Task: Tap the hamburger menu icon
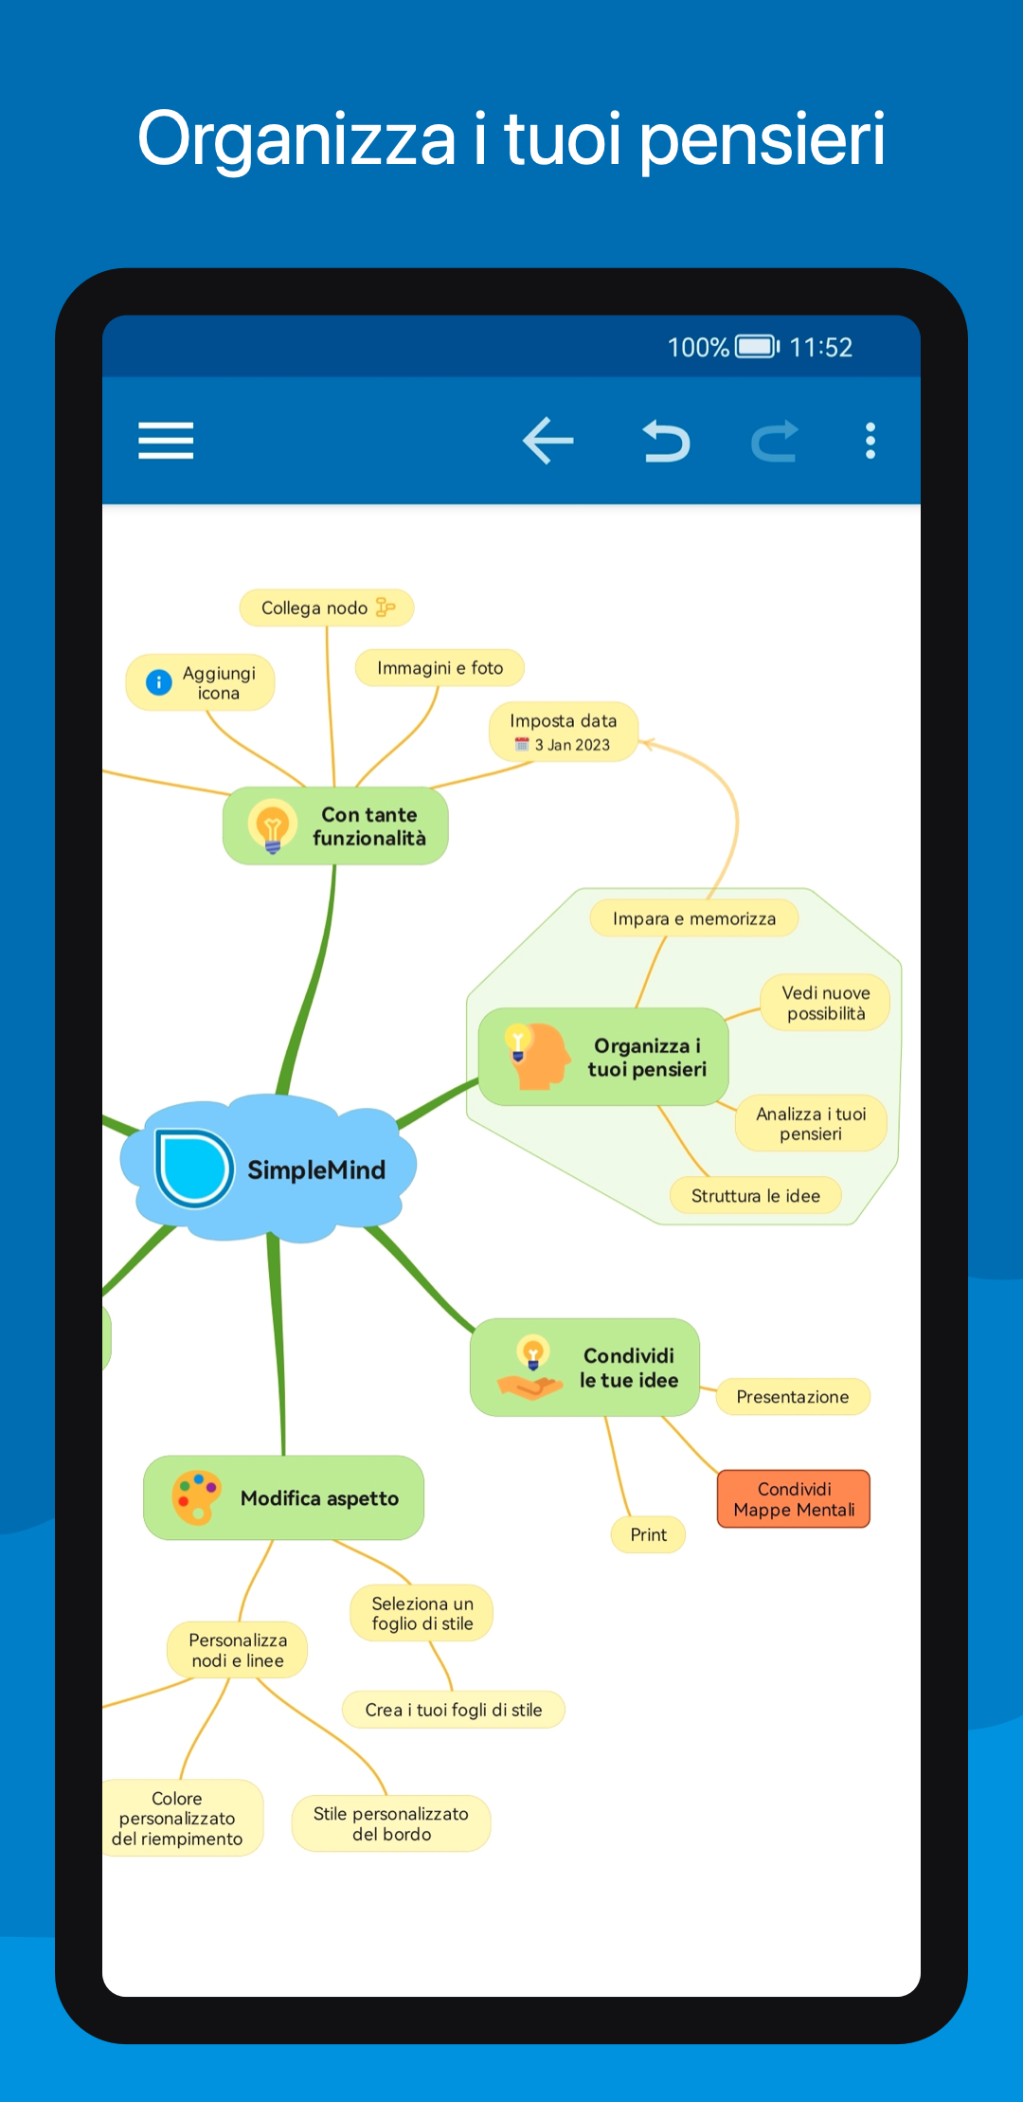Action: (166, 441)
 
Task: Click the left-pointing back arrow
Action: (548, 441)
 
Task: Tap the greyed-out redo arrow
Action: (775, 441)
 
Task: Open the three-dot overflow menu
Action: (870, 441)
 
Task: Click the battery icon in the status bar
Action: (758, 347)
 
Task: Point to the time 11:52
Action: (821, 348)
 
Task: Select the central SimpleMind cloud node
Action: (269, 1168)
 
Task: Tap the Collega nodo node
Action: (327, 607)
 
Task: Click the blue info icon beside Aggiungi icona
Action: (159, 681)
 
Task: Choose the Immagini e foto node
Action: (440, 668)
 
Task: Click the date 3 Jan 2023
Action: (572, 745)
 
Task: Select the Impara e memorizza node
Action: (693, 918)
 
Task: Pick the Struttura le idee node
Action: (755, 1196)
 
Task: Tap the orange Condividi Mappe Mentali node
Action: (794, 1499)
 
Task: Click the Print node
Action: (649, 1534)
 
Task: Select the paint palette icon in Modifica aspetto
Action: (197, 1497)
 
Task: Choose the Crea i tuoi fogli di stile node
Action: (454, 1710)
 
